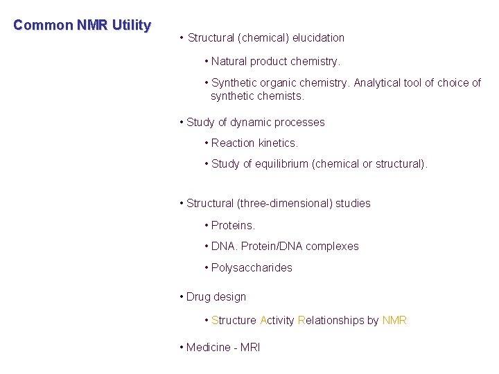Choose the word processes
(x=299, y=123)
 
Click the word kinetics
(x=278, y=143)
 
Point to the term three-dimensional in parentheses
(x=285, y=204)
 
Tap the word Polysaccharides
(x=252, y=268)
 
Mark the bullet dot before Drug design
(x=181, y=296)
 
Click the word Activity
(x=277, y=321)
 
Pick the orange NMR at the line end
(x=394, y=321)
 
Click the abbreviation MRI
(x=250, y=347)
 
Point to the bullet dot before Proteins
(x=207, y=225)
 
